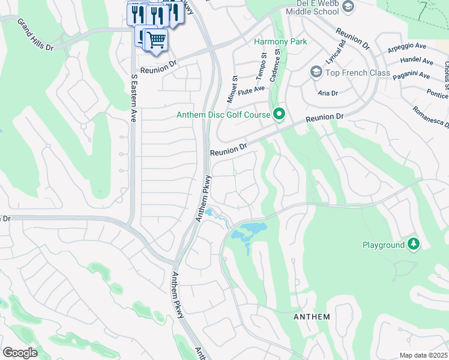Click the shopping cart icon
pyautogui.click(x=156, y=40)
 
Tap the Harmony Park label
pyautogui.click(x=280, y=41)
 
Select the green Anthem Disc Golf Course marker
pyautogui.click(x=279, y=113)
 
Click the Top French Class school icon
pyautogui.click(x=316, y=73)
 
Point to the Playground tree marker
pyautogui.click(x=413, y=244)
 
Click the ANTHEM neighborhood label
pyautogui.click(x=311, y=316)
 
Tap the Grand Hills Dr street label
pyautogui.click(x=35, y=34)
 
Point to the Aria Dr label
pyautogui.click(x=328, y=93)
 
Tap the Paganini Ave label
pyautogui.click(x=411, y=76)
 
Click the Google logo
pyautogui.click(x=20, y=353)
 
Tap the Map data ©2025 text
pyautogui.click(x=423, y=355)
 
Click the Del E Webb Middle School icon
pyautogui.click(x=348, y=7)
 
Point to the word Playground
pyautogui.click(x=384, y=245)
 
